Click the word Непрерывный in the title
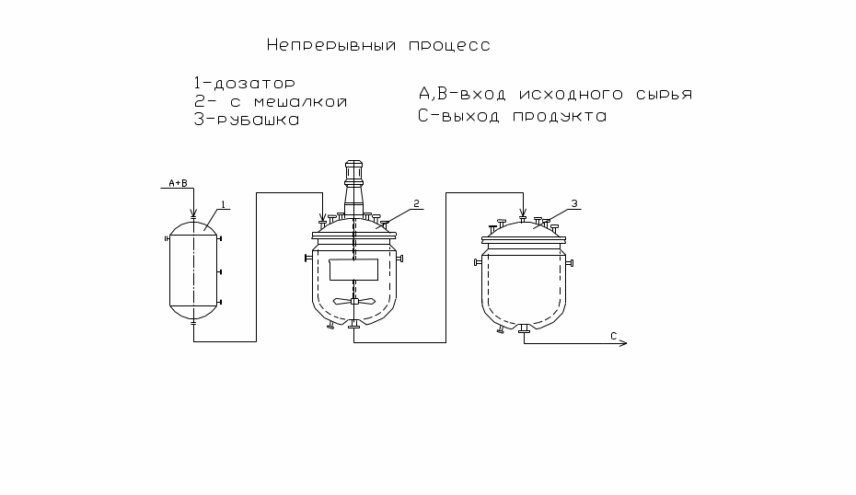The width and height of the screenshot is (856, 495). tap(331, 45)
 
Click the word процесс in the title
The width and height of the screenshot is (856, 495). tap(449, 46)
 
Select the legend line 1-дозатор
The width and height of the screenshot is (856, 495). tap(245, 84)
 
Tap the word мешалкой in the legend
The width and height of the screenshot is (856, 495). tap(301, 102)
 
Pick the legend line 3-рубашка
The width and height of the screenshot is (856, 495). tap(247, 120)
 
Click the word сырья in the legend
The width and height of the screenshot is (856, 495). tap(664, 95)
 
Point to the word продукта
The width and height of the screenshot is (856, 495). tap(560, 117)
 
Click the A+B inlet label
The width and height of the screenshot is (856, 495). tap(178, 183)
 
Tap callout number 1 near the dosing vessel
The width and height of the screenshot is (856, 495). tap(223, 204)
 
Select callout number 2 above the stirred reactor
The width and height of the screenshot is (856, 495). tap(417, 203)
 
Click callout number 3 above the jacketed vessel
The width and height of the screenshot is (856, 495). tap(574, 203)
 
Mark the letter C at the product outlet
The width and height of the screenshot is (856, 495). tap(614, 336)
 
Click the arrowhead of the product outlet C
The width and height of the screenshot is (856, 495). tap(623, 343)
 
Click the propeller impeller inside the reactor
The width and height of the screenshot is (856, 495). tap(353, 301)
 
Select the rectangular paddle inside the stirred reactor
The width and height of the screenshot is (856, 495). tap(353, 270)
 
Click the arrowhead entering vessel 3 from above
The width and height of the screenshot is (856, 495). tap(523, 213)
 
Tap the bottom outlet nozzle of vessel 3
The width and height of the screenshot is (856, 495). tap(524, 328)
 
